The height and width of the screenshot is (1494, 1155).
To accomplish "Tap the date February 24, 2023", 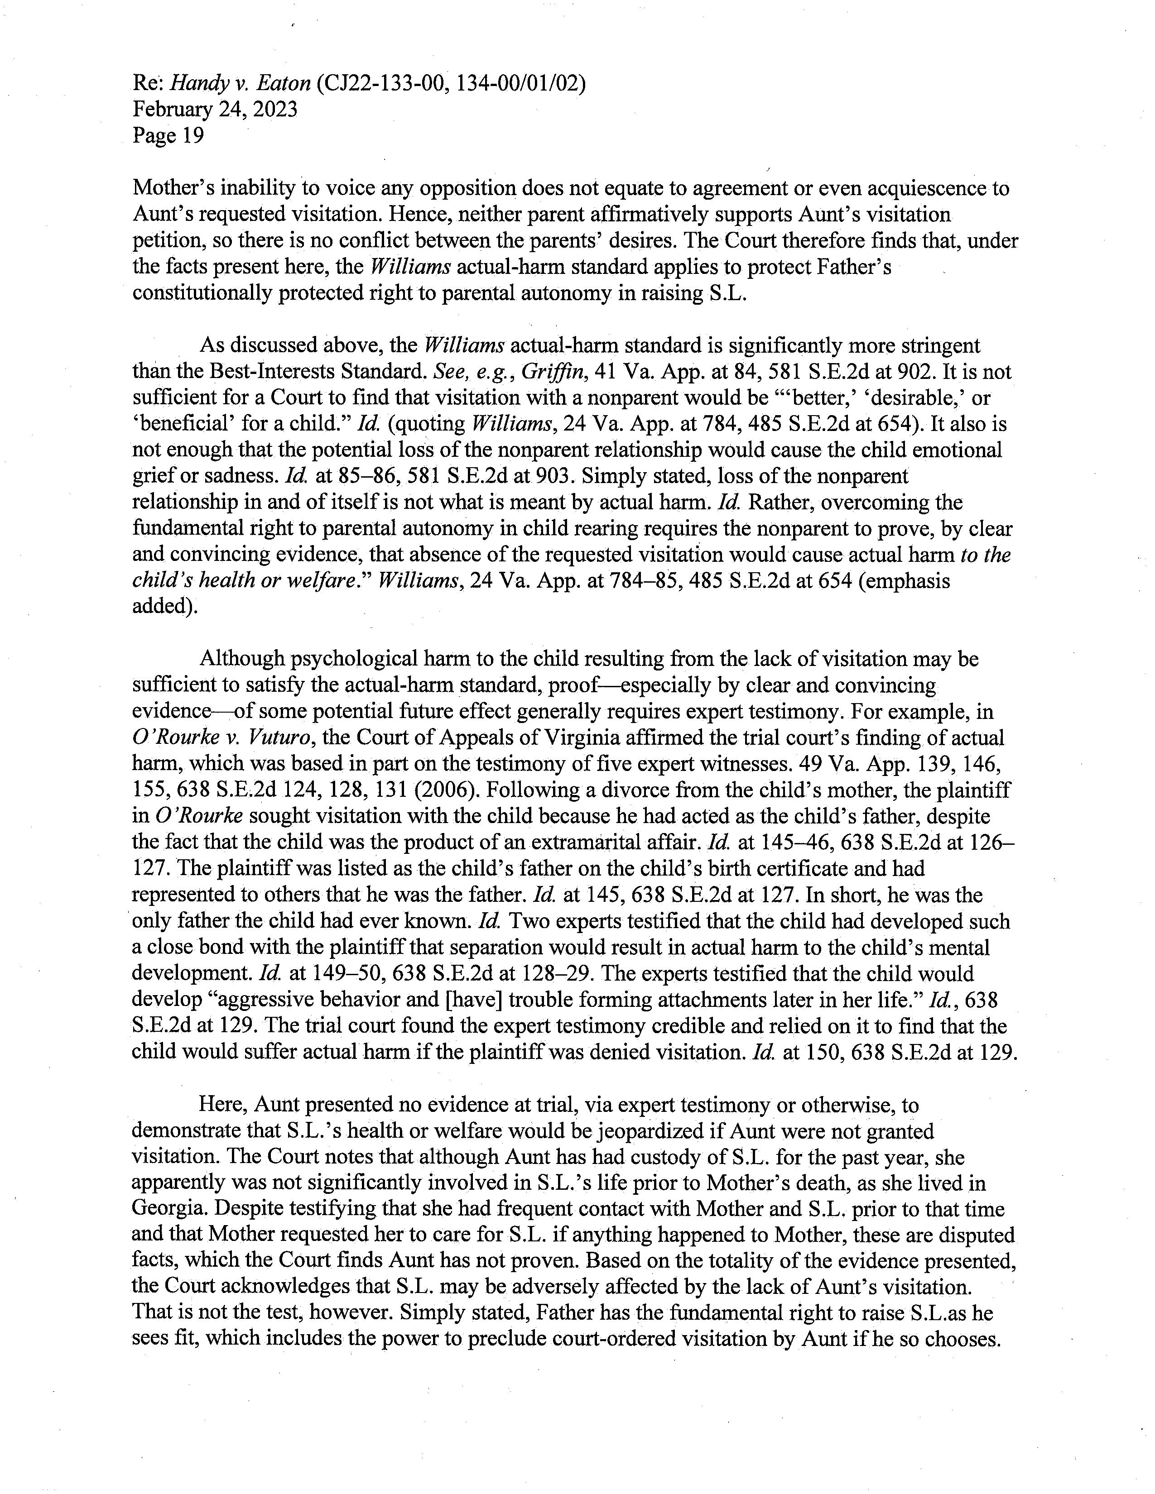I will click(215, 110).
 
